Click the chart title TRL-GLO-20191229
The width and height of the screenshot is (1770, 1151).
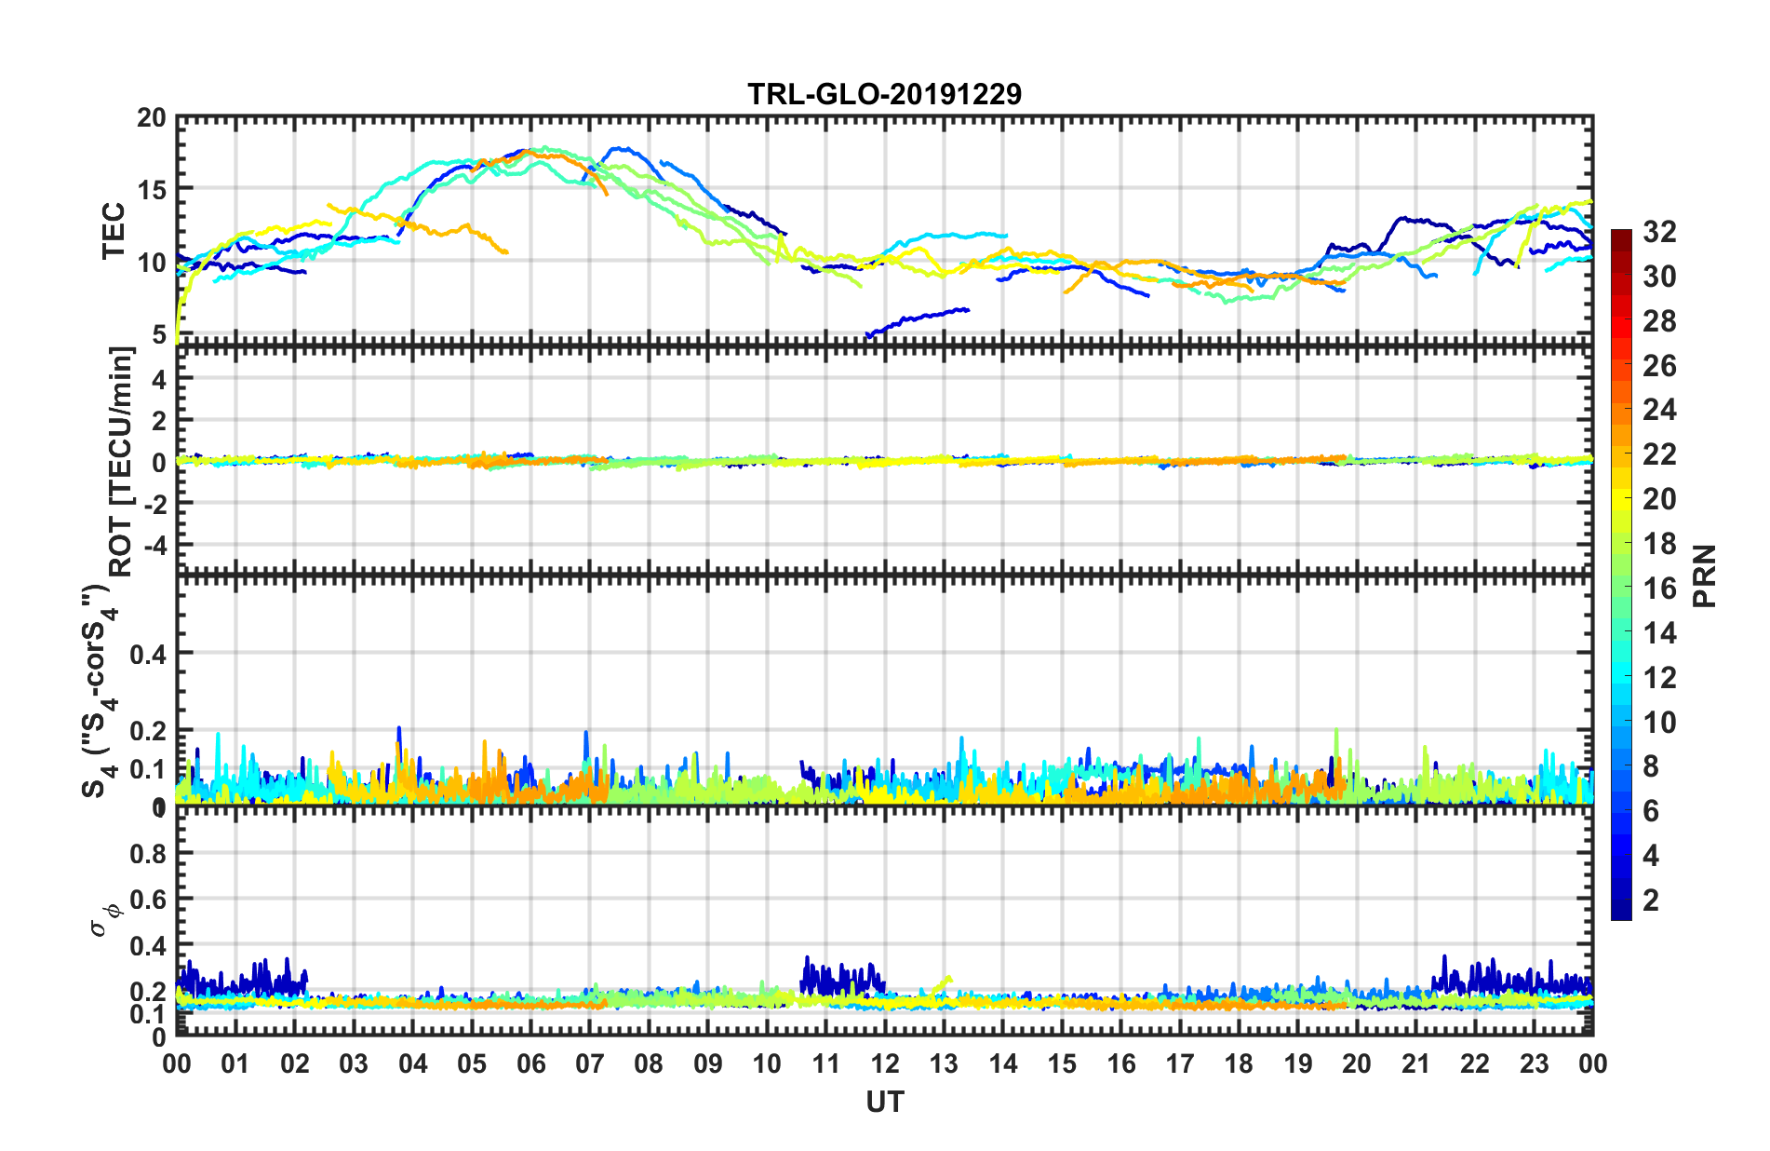(x=884, y=94)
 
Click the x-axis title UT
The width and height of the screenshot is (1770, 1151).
(x=884, y=1103)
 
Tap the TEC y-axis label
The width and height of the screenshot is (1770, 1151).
(x=114, y=230)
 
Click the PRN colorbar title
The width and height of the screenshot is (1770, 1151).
(x=1705, y=575)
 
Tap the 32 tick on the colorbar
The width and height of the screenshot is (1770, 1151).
(x=1658, y=232)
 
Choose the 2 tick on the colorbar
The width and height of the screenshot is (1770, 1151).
(x=1651, y=900)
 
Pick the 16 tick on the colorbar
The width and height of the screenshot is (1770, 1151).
(x=1658, y=589)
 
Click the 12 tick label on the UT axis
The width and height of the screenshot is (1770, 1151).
(x=885, y=1063)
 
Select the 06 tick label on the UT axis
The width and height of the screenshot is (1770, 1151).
(x=530, y=1063)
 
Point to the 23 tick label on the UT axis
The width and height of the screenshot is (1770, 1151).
(x=1534, y=1063)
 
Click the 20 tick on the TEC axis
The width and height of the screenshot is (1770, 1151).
(x=151, y=118)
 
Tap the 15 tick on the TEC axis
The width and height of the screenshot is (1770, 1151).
(x=151, y=189)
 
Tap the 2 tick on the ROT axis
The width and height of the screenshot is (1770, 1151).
(x=158, y=421)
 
